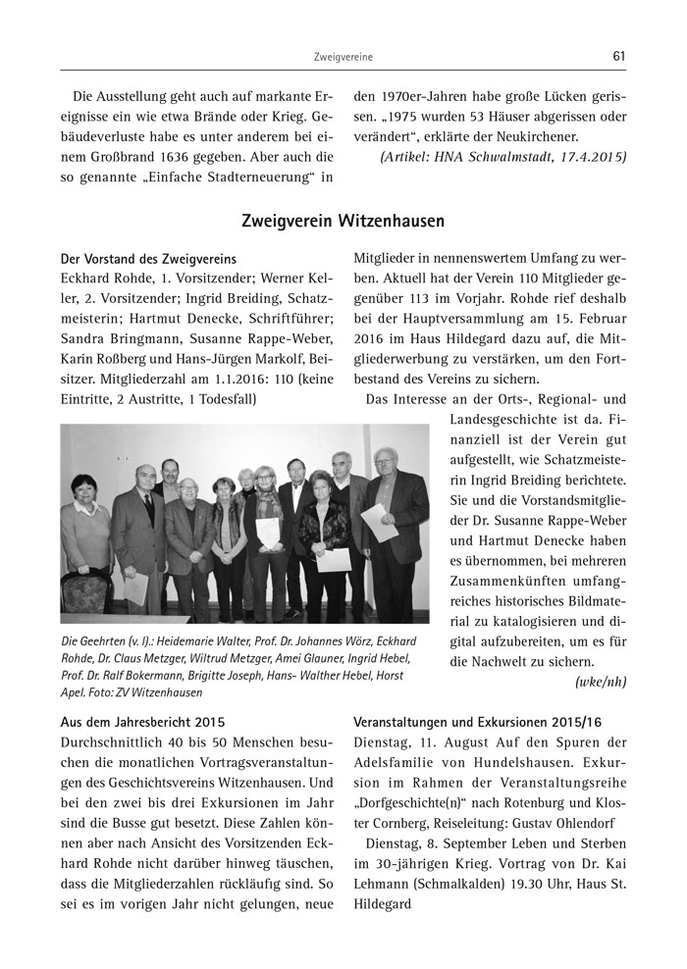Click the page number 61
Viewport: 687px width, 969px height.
[x=618, y=57]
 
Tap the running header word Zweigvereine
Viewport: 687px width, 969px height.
[x=343, y=58]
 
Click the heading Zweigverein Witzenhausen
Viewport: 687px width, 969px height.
[x=343, y=222]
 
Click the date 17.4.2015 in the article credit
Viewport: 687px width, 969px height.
[x=590, y=157]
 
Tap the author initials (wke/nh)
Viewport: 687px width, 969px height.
[x=600, y=682]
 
